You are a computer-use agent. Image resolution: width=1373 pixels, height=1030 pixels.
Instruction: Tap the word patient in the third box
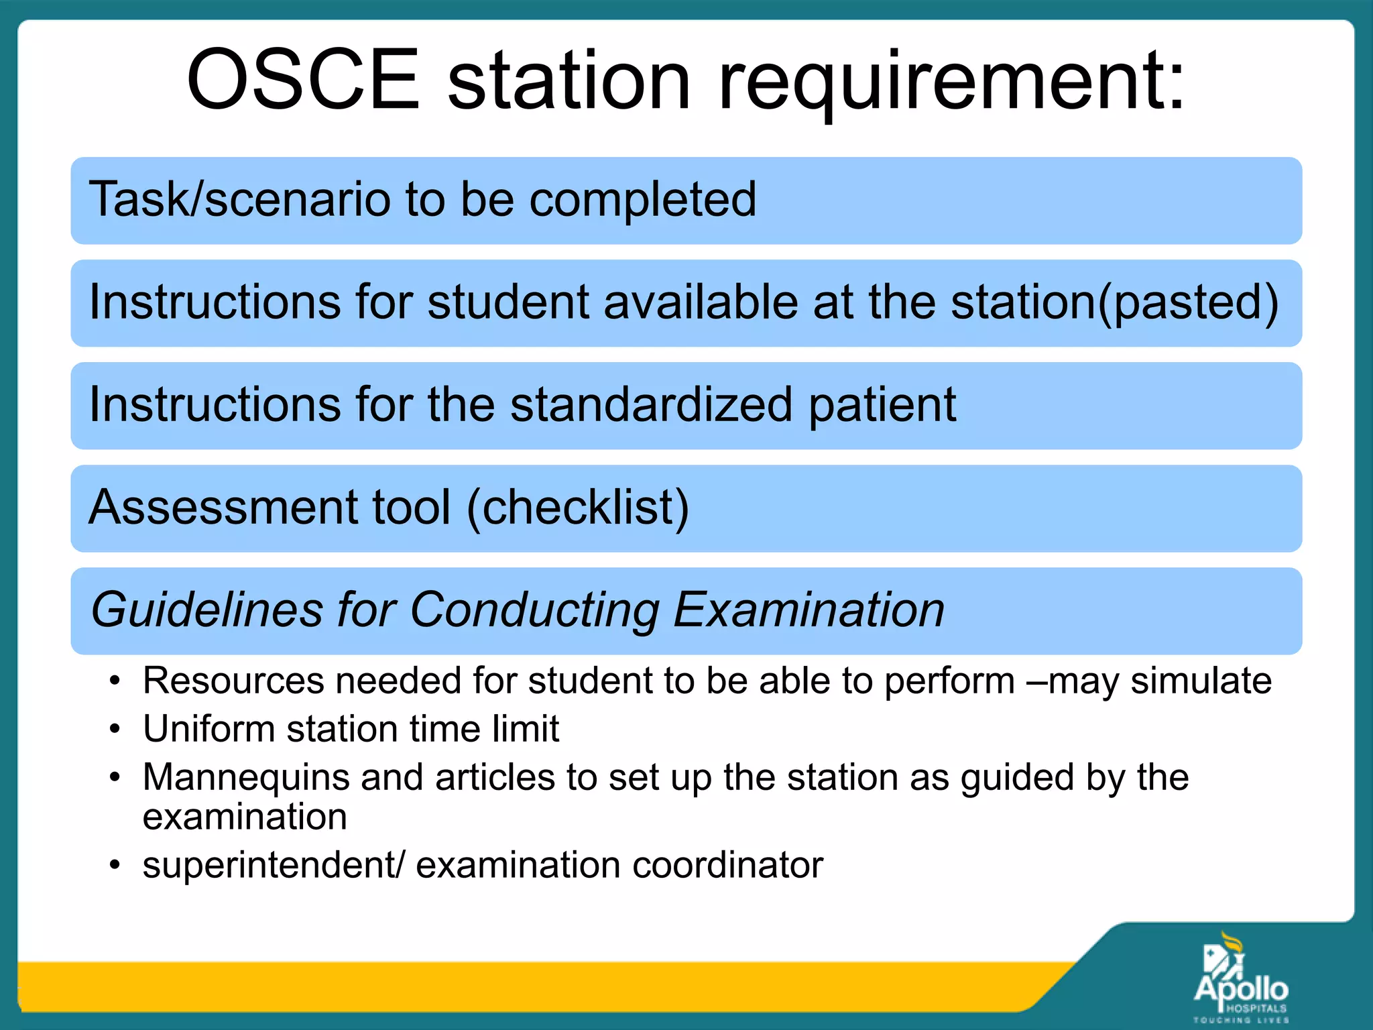click(x=882, y=406)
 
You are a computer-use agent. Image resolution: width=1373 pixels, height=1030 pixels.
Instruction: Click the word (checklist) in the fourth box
click(x=577, y=508)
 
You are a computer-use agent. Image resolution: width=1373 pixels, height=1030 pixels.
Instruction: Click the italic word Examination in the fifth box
click(x=809, y=610)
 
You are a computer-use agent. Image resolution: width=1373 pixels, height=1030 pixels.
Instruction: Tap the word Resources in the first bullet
click(x=233, y=681)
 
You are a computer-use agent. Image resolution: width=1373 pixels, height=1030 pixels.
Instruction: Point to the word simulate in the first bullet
click(x=1201, y=681)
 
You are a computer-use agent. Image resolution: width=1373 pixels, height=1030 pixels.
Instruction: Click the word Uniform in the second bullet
click(x=208, y=729)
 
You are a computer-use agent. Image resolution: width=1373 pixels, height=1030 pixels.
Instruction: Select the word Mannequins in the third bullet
click(x=246, y=779)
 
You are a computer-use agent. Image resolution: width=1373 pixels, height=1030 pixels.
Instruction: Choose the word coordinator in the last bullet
click(x=727, y=865)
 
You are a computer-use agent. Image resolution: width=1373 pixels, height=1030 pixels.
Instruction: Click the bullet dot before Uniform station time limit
click(x=115, y=730)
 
